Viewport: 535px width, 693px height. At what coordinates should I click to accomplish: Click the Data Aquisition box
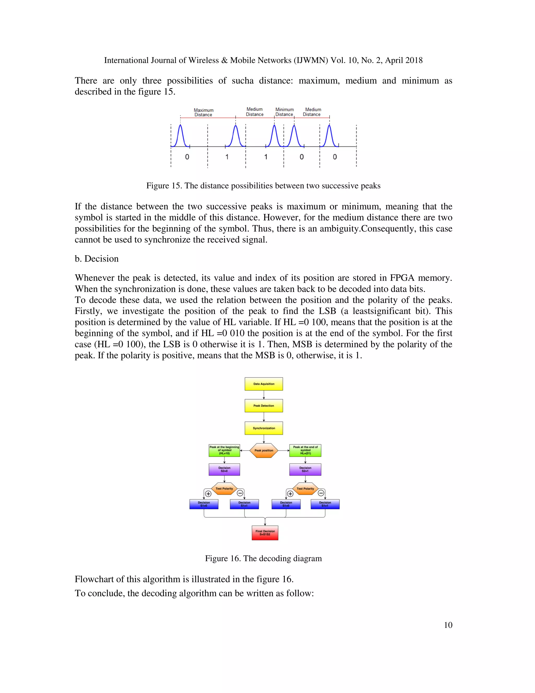click(x=264, y=384)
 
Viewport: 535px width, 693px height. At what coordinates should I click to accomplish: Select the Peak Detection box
click(x=264, y=406)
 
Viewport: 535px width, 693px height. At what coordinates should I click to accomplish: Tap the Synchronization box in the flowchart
click(x=264, y=428)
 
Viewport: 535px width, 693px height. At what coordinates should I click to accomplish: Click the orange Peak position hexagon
click(x=264, y=450)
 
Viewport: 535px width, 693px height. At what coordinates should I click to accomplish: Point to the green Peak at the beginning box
click(x=224, y=450)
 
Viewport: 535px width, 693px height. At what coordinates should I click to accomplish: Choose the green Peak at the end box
click(x=305, y=450)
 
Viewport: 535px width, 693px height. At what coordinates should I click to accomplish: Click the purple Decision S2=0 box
click(x=224, y=469)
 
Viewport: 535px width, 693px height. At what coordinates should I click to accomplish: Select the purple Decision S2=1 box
click(x=305, y=469)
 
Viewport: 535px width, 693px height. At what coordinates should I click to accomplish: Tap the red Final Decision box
click(x=265, y=533)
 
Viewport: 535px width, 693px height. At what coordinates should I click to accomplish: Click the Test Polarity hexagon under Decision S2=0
click(x=224, y=489)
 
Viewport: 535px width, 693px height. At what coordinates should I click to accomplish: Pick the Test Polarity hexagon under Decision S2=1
click(x=305, y=489)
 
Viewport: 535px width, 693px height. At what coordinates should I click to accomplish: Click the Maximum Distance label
click(x=203, y=113)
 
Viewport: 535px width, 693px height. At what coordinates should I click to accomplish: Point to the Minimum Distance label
click(x=284, y=112)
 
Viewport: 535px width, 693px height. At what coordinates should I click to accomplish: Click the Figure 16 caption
click(x=263, y=559)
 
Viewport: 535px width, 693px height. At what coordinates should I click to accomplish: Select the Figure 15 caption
click(x=263, y=186)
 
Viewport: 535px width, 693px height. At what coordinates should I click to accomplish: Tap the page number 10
click(x=448, y=625)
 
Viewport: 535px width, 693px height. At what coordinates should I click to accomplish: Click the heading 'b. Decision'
click(x=97, y=259)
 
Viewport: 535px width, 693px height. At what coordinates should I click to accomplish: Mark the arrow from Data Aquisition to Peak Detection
click(x=264, y=395)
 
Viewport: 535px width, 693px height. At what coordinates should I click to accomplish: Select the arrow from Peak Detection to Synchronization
click(x=264, y=417)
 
